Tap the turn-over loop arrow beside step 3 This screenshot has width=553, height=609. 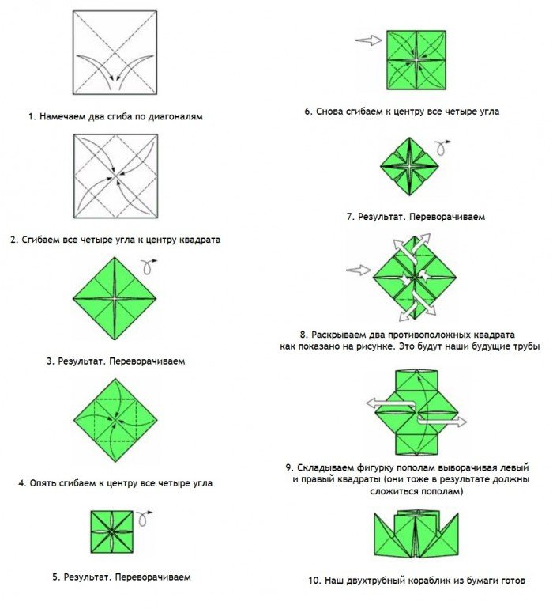pyautogui.click(x=149, y=266)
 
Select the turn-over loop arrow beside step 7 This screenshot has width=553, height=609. pyautogui.click(x=442, y=148)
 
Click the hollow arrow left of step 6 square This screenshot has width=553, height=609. pyautogui.click(x=368, y=40)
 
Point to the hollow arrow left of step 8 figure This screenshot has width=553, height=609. pyautogui.click(x=358, y=270)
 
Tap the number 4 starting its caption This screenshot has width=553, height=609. pyautogui.click(x=21, y=483)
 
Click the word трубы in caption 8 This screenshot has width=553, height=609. pyautogui.click(x=525, y=346)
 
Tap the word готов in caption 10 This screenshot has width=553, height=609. pyautogui.click(x=510, y=581)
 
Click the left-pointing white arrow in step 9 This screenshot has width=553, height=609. pyautogui.click(x=391, y=404)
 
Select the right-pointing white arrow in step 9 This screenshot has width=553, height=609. pyautogui.click(x=442, y=421)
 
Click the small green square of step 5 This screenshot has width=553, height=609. pyautogui.click(x=112, y=531)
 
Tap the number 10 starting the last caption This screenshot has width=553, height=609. pyautogui.click(x=314, y=581)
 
